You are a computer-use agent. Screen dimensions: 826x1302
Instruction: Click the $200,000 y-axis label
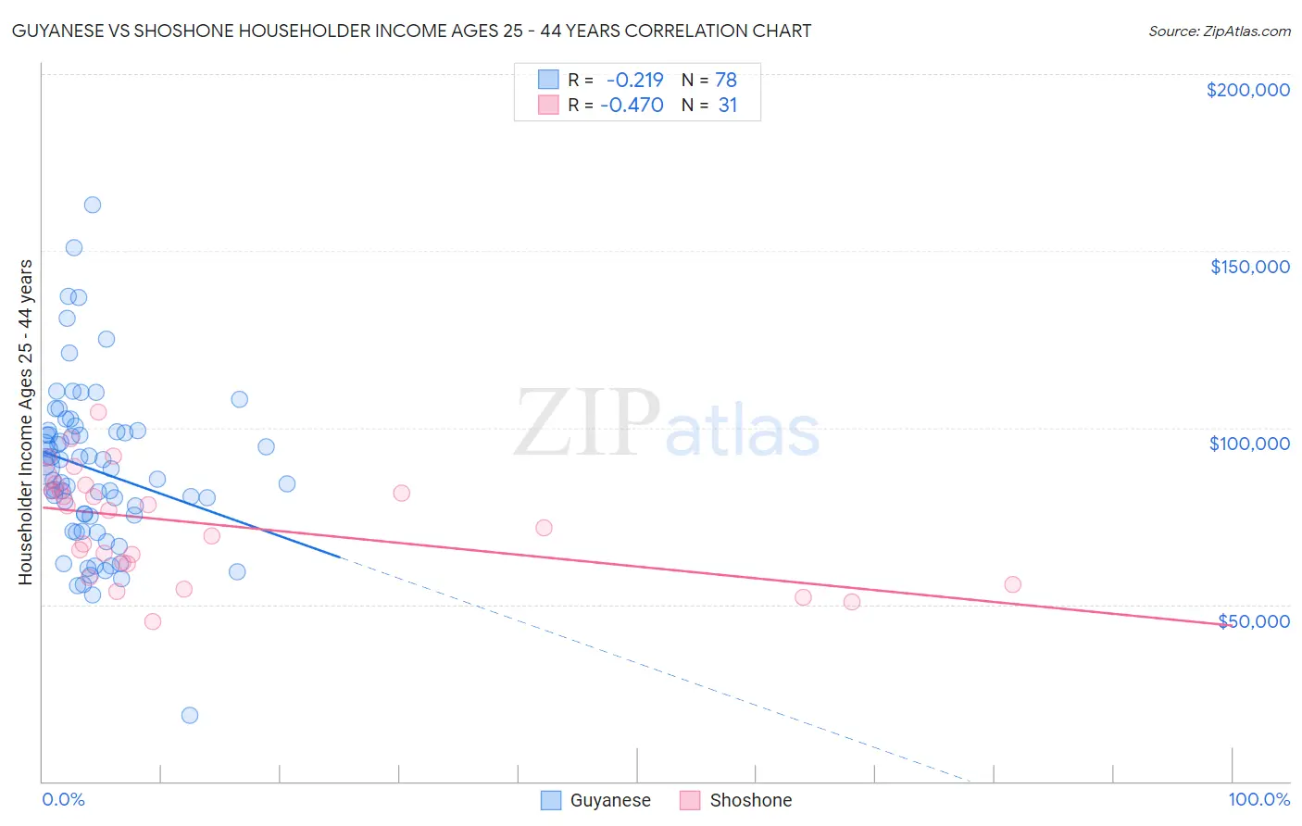pyautogui.click(x=1247, y=90)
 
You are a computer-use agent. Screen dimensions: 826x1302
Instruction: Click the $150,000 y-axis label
pyautogui.click(x=1249, y=267)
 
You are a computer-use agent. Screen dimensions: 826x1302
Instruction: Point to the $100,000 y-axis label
pyautogui.click(x=1249, y=444)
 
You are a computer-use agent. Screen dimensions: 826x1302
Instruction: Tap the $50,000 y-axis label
pyautogui.click(x=1254, y=620)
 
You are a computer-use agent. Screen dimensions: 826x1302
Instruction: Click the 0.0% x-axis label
pyautogui.click(x=63, y=799)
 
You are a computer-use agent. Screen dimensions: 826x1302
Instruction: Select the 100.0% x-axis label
pyautogui.click(x=1258, y=799)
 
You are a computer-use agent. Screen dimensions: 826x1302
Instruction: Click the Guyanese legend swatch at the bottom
pyautogui.click(x=551, y=800)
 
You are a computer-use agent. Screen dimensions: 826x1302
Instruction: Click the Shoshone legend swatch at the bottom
pyautogui.click(x=690, y=800)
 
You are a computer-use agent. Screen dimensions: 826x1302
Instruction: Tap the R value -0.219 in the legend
pyautogui.click(x=634, y=81)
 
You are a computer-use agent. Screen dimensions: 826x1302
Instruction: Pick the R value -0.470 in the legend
pyautogui.click(x=632, y=106)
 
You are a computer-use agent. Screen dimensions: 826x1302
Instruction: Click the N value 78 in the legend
pyautogui.click(x=726, y=81)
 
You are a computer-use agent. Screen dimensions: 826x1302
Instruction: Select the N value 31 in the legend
pyautogui.click(x=728, y=106)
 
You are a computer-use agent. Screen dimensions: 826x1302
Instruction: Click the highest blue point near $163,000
pyautogui.click(x=93, y=205)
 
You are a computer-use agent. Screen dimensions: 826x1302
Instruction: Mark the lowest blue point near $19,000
pyautogui.click(x=190, y=715)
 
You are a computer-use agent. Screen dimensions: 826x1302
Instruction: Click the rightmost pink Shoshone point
pyautogui.click(x=1012, y=584)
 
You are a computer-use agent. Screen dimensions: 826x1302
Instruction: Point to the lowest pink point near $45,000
pyautogui.click(x=153, y=621)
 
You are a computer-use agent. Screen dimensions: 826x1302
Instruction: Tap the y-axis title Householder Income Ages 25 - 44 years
pyautogui.click(x=25, y=422)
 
